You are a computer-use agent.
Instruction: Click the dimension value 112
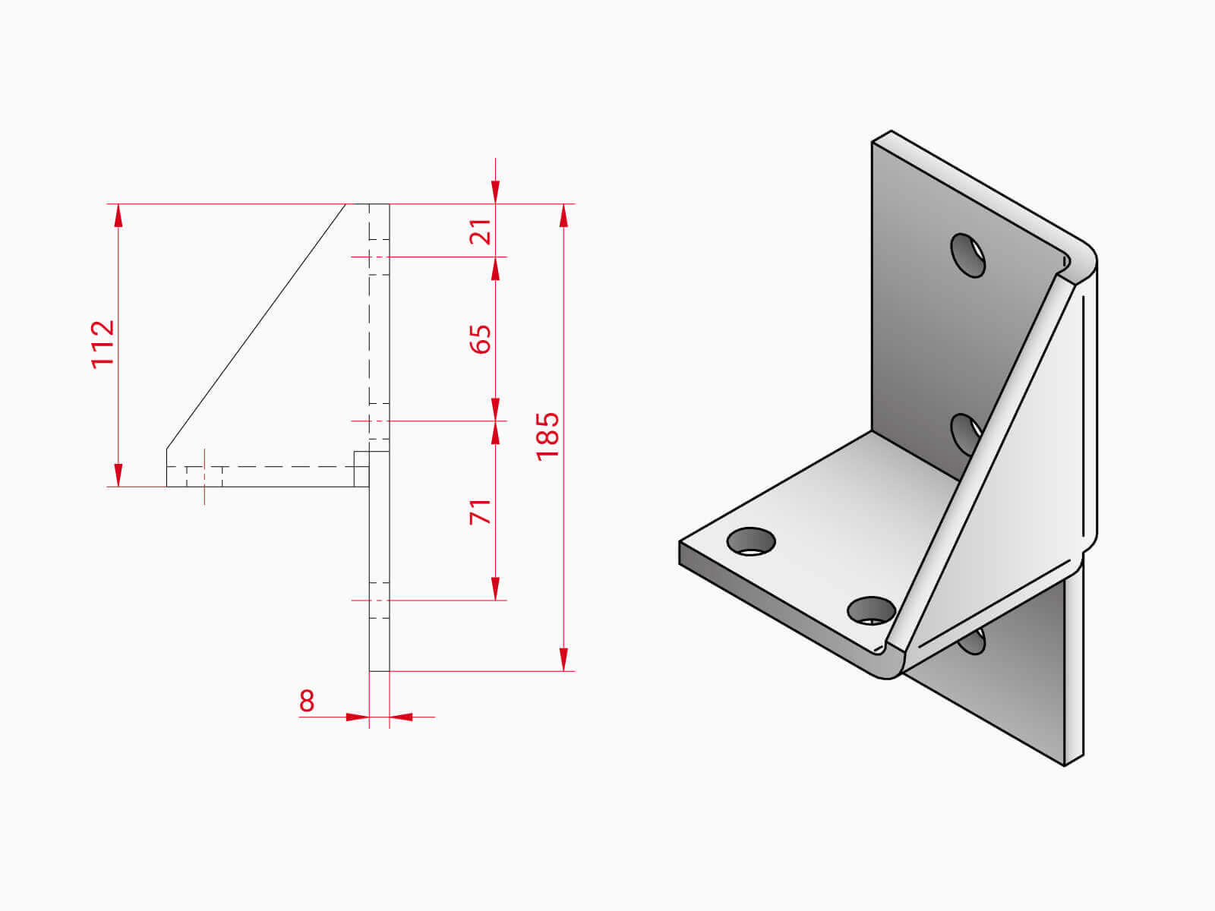[103, 344]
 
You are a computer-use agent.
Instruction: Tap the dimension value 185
[548, 436]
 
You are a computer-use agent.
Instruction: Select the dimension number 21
[481, 232]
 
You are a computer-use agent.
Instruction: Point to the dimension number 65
[481, 339]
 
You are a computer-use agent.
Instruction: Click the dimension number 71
[481, 512]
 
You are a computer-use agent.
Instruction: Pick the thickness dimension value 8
[306, 701]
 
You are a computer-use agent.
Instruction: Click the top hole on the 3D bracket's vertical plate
[967, 255]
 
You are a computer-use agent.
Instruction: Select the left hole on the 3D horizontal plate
[751, 541]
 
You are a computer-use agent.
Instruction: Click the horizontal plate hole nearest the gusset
[871, 610]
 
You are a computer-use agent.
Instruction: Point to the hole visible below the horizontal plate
[974, 642]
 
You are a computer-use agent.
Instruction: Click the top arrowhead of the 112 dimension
[118, 216]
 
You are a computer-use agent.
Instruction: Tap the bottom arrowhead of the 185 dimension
[563, 659]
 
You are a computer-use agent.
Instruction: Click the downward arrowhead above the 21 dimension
[496, 192]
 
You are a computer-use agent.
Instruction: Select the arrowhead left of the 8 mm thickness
[357, 717]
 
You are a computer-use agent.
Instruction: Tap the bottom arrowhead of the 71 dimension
[496, 588]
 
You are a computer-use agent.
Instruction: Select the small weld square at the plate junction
[361, 468]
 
